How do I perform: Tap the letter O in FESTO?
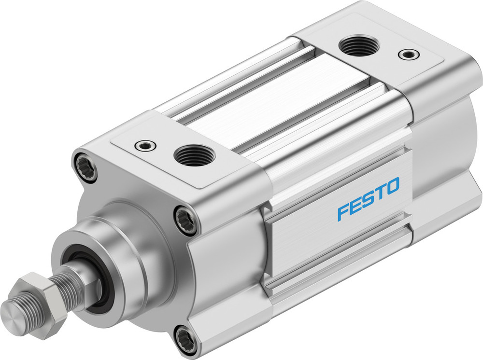tap(393, 186)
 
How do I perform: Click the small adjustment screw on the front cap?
tap(144, 144)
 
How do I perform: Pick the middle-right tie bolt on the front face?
tap(185, 220)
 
